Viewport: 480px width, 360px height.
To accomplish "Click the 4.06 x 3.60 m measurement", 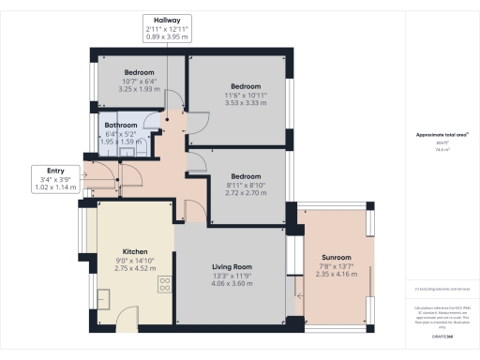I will tap(230, 284).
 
